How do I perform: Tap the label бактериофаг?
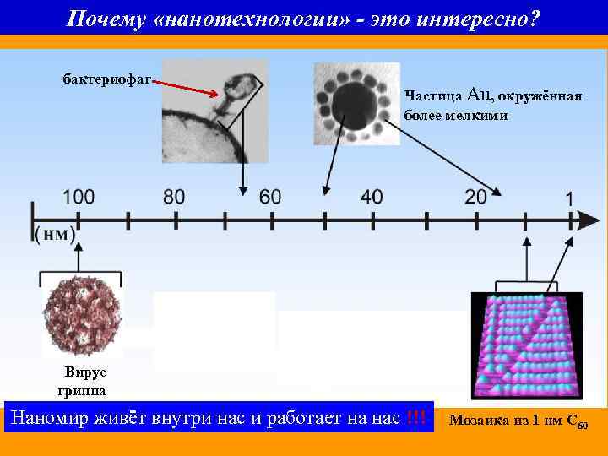point(106,79)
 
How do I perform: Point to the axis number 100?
point(78,197)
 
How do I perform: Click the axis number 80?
point(173,197)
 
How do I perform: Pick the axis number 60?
point(270,197)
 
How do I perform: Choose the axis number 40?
point(371,197)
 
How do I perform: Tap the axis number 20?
point(475,197)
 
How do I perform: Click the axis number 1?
point(570,198)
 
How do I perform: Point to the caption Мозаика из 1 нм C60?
point(524,420)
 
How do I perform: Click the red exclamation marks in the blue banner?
point(415,417)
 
